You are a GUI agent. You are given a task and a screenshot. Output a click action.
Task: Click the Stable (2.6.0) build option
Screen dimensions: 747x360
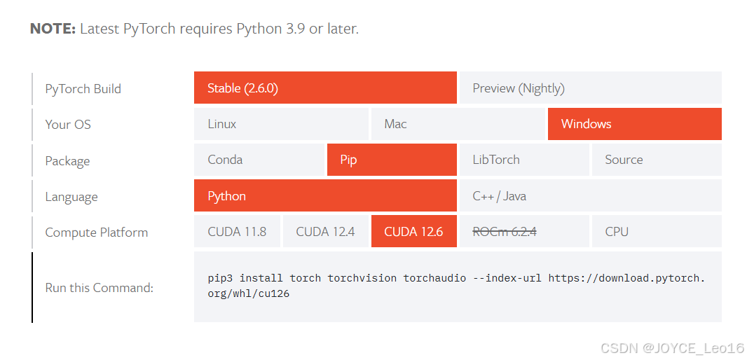[325, 88]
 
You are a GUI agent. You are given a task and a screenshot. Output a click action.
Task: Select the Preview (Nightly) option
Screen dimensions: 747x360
[590, 88]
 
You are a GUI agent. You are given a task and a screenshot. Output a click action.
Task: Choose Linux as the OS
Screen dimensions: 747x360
[281, 124]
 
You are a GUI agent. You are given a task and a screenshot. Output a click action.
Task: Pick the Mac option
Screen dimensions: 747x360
[458, 124]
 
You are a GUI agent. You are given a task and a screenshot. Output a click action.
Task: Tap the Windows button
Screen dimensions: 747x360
[634, 124]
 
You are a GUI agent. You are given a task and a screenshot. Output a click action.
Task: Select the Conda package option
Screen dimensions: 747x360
[259, 160]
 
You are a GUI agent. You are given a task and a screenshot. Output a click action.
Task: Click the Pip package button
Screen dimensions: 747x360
[391, 160]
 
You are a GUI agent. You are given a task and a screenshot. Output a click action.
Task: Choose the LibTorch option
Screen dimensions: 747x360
[523, 160]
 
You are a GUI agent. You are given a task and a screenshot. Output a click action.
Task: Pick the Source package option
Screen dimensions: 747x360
[656, 160]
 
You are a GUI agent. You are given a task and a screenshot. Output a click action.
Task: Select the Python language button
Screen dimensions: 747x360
[325, 196]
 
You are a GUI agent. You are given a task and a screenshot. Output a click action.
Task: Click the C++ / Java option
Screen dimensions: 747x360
[590, 196]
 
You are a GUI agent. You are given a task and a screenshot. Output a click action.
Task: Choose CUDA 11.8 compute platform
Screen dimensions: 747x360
[237, 232]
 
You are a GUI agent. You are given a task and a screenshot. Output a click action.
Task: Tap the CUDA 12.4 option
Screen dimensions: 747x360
[325, 232]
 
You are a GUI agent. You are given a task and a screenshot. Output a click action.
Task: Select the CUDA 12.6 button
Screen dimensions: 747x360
[413, 232]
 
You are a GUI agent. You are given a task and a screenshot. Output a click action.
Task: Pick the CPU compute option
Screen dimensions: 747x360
[656, 232]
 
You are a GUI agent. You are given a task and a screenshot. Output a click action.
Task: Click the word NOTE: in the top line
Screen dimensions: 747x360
[53, 29]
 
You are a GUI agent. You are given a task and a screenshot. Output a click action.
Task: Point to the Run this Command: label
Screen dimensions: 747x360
[99, 288]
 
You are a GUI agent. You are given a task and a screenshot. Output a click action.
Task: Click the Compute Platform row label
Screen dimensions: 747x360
[97, 233]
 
